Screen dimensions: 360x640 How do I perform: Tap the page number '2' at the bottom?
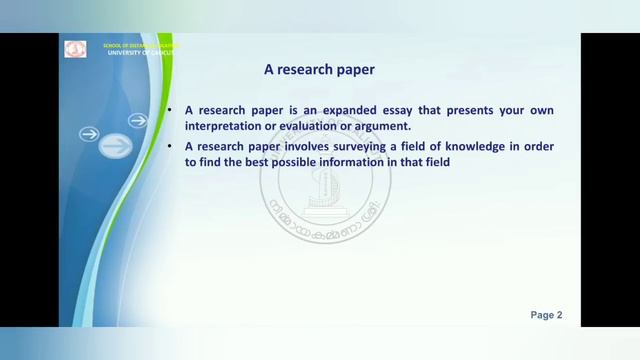click(559, 315)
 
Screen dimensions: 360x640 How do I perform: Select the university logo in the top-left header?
click(76, 49)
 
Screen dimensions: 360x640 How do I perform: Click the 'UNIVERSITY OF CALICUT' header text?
click(140, 52)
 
